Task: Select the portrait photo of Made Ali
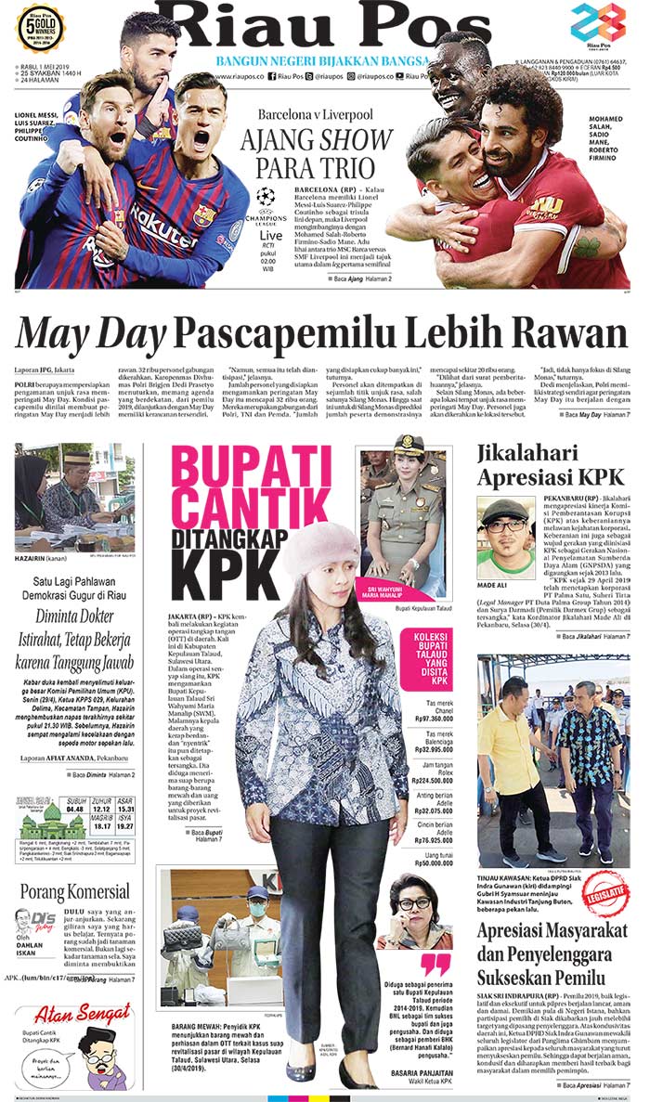[506, 537]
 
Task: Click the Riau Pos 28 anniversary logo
[598, 25]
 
